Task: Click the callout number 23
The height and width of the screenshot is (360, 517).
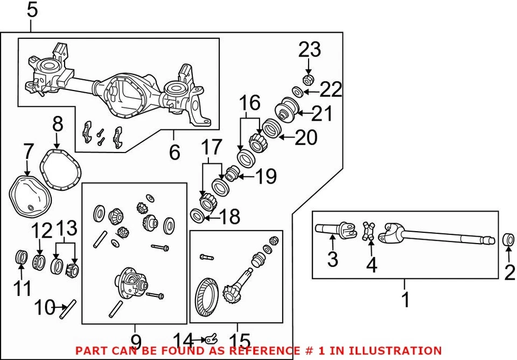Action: point(310,50)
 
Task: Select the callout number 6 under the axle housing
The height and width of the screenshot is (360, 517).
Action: point(174,153)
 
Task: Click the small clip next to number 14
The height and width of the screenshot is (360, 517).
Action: point(209,339)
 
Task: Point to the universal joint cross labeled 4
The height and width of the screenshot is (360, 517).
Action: point(370,232)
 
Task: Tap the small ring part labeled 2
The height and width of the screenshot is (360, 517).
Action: point(508,240)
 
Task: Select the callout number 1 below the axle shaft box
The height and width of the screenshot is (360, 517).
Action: point(406,298)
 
